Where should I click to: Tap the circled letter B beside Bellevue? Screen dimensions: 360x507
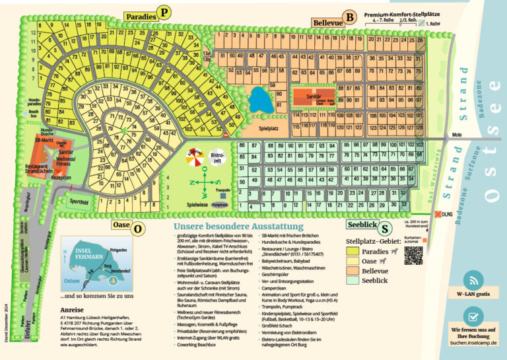tap(351, 17)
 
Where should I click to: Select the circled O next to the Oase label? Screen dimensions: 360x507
tap(137, 229)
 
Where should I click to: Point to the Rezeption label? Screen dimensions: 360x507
tap(61, 177)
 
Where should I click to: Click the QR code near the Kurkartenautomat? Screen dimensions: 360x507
tap(413, 255)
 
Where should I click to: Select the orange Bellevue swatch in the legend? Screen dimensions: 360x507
tap(354, 271)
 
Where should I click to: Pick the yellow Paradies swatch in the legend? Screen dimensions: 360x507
tap(354, 250)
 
